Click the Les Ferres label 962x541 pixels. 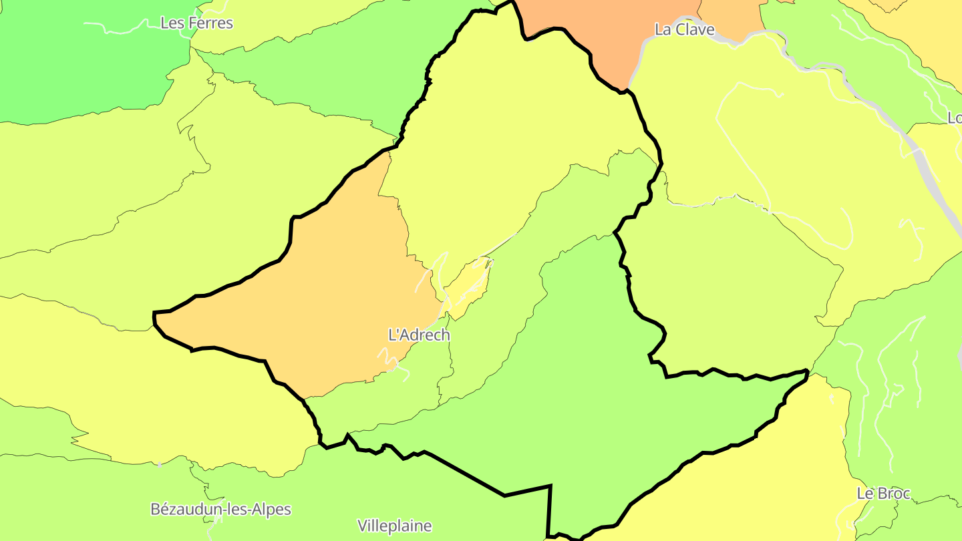(x=196, y=23)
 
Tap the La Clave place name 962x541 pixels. (x=684, y=29)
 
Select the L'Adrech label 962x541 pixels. (x=419, y=335)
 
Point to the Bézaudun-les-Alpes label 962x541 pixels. (x=220, y=509)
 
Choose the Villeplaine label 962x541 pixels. (x=394, y=526)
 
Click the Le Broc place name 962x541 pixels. (x=883, y=494)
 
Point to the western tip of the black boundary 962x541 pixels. (x=154, y=313)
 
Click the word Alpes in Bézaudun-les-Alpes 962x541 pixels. (x=271, y=509)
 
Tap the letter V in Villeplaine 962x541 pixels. (x=362, y=526)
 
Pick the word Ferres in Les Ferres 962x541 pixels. (x=210, y=23)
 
